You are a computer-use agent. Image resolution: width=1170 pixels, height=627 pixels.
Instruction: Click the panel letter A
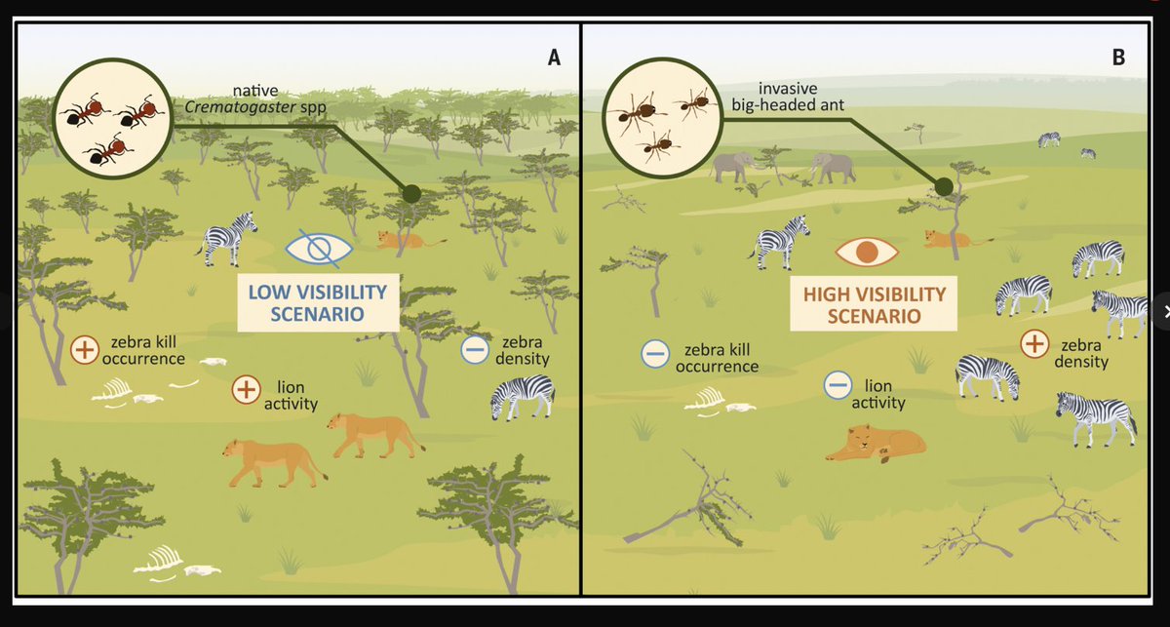(554, 58)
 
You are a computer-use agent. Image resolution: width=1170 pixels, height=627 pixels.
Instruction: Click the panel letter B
(1118, 58)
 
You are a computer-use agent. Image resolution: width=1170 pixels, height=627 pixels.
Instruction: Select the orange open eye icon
(866, 253)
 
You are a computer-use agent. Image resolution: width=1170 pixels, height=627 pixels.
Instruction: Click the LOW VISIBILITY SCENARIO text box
(318, 303)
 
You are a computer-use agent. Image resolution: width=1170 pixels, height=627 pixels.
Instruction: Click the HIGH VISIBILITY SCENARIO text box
(874, 304)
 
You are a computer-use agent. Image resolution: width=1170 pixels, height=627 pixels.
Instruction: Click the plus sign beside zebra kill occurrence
(86, 350)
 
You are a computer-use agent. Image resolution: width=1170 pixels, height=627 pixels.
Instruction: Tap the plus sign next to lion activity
(246, 390)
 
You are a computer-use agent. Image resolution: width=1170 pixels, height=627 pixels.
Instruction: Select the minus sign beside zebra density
(475, 350)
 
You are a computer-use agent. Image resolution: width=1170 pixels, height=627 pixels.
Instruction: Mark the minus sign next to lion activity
(837, 385)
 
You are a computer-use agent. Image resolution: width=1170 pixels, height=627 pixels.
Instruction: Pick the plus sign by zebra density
(1034, 344)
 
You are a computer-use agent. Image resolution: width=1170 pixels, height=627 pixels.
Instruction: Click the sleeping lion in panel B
(875, 444)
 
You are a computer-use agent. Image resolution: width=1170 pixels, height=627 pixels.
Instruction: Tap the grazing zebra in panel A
(523, 396)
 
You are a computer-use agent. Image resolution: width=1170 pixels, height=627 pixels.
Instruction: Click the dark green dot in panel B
(944, 187)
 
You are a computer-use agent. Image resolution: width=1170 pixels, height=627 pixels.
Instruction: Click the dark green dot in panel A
(411, 193)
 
